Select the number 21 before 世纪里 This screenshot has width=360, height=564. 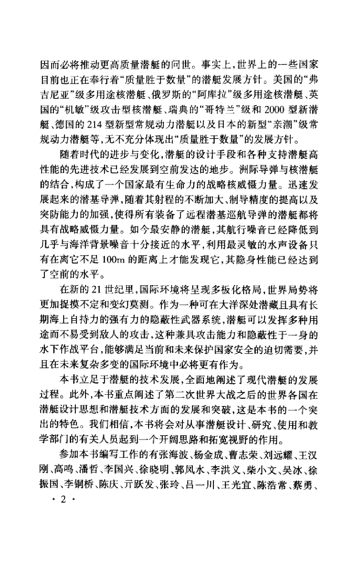95,290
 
